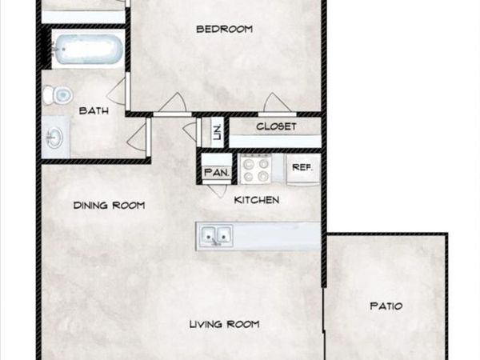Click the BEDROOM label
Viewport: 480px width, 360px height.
(x=225, y=30)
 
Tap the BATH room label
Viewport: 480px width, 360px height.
(x=94, y=111)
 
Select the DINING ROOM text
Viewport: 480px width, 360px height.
(x=109, y=206)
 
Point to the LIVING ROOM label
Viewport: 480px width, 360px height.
(x=225, y=324)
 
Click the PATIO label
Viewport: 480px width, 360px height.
(x=386, y=306)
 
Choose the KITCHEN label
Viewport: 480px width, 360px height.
(x=256, y=199)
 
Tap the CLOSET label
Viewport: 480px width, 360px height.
(x=276, y=126)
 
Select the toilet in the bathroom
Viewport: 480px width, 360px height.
(x=58, y=95)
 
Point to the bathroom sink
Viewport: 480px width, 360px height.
(x=55, y=138)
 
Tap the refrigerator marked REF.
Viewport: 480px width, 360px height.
(x=302, y=168)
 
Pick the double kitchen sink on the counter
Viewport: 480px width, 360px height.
(x=215, y=236)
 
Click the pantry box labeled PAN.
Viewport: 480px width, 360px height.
(x=217, y=171)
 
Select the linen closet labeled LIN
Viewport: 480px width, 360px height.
(x=217, y=131)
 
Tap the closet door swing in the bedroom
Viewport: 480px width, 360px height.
(x=274, y=102)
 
